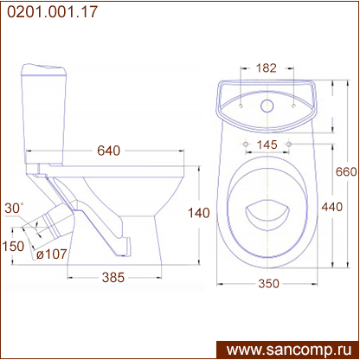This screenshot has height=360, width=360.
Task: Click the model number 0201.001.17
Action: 52,12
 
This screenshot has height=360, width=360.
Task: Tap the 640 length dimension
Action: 108,151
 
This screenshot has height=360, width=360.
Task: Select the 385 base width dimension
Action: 113,278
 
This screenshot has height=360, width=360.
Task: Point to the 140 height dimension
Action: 199,213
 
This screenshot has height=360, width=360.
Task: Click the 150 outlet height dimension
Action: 13,247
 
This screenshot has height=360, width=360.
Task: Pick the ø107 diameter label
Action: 52,254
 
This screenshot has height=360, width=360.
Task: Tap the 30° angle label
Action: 14,209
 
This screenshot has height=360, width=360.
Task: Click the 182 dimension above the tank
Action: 267,68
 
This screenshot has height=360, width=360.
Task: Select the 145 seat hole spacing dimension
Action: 267,145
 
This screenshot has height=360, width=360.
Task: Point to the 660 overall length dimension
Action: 346,172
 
